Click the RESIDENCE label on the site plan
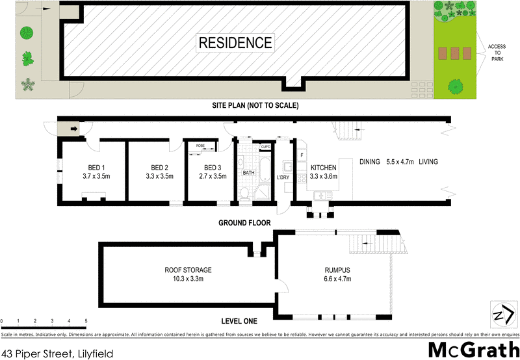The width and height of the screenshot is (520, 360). click(x=235, y=44)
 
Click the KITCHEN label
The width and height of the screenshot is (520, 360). click(x=323, y=167)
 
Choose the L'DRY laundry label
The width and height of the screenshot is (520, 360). click(x=283, y=177)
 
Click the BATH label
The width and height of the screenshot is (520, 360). click(x=248, y=173)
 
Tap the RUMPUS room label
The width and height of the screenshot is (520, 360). click(x=337, y=270)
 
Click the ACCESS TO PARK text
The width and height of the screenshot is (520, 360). click(x=497, y=51)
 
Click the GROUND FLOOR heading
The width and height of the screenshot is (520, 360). click(x=244, y=223)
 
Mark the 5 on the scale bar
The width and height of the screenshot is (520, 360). click(x=86, y=321)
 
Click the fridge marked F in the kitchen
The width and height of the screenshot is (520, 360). click(x=302, y=155)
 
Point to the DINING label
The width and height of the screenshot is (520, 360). click(x=370, y=161)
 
